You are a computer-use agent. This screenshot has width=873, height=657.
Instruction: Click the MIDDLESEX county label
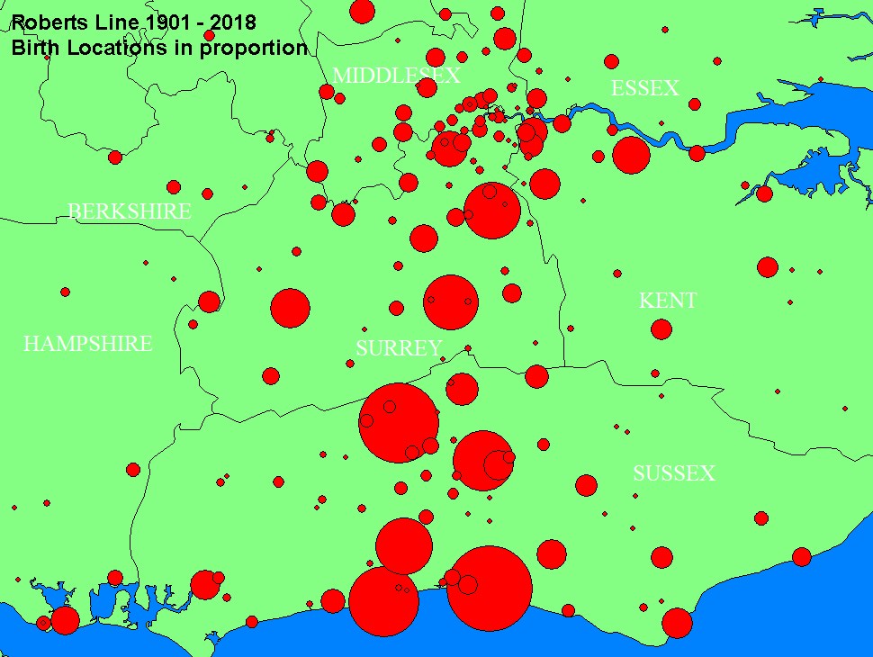(397, 76)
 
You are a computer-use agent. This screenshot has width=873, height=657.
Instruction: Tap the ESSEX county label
(644, 88)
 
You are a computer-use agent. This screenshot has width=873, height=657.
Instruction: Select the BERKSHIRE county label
(130, 211)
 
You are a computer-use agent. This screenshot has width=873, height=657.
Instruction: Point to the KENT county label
(668, 301)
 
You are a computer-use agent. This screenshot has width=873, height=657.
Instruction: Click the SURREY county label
(399, 348)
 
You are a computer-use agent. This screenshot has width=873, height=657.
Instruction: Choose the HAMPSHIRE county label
(87, 344)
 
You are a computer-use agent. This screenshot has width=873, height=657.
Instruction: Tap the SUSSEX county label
(673, 473)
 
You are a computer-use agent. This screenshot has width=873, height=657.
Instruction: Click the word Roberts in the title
(48, 22)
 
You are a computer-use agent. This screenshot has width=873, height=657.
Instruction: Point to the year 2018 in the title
(233, 22)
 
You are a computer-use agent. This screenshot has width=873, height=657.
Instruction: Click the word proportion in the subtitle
(255, 48)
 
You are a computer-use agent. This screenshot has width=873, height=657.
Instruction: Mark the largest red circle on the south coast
(489, 588)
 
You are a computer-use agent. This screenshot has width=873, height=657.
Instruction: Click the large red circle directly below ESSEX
(631, 154)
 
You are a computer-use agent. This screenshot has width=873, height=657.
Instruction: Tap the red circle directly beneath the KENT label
(661, 329)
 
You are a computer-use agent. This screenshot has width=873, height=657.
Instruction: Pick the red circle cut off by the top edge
(362, 10)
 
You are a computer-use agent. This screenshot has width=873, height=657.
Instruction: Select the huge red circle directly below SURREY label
(399, 422)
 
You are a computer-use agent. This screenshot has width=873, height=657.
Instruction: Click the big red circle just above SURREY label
(451, 301)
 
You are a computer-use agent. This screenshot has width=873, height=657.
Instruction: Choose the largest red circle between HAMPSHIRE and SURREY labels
(290, 308)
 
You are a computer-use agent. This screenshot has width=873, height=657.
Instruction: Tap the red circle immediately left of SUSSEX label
(587, 485)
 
